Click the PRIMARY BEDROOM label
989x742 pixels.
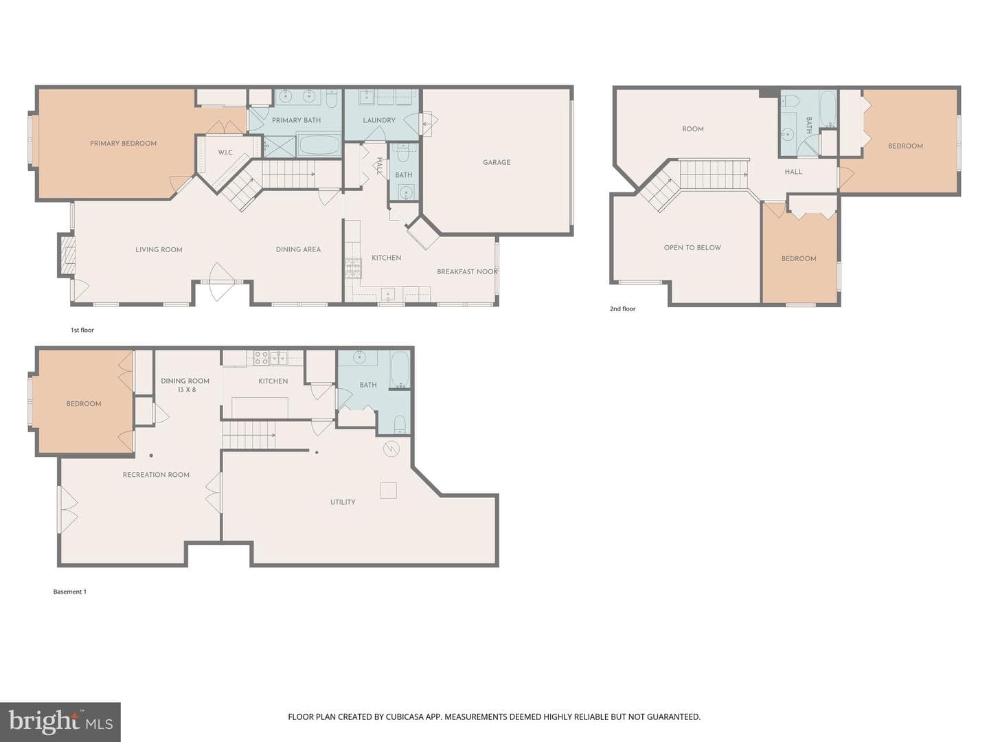123,144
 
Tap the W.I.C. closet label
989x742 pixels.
226,153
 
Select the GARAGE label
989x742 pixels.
497,162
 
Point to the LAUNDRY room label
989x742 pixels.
379,120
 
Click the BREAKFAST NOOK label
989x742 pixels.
467,271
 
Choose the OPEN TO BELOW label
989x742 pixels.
692,247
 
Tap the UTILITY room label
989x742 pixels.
343,502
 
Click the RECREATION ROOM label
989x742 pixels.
156,474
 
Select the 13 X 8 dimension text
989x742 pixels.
187,390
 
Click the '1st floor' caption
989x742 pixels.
82,330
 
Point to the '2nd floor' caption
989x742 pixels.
622,308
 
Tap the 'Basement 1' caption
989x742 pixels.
69,592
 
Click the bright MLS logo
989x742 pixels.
60,722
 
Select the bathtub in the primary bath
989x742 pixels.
319,144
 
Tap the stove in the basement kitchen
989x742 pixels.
262,358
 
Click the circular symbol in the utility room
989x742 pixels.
391,449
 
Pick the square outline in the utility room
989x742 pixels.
389,490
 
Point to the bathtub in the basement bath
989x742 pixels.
400,370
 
